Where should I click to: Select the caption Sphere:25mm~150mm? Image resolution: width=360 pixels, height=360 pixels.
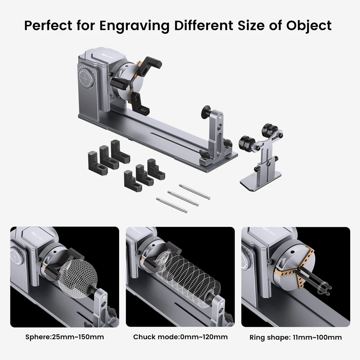click(x=65, y=337)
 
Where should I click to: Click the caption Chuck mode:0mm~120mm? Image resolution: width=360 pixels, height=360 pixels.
click(x=180, y=337)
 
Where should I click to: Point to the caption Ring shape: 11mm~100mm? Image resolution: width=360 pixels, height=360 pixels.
click(x=296, y=338)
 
